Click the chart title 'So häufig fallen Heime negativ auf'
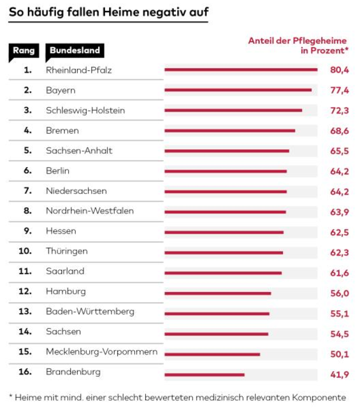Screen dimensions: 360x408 click(x=109, y=12)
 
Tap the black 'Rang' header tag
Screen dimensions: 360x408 click(x=24, y=51)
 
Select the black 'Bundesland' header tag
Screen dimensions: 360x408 click(x=75, y=51)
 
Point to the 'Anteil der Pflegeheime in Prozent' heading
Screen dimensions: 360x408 click(x=298, y=45)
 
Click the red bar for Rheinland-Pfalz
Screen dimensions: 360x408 click(x=241, y=69)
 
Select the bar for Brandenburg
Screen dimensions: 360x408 click(x=205, y=375)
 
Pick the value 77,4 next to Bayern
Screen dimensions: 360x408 click(x=340, y=91)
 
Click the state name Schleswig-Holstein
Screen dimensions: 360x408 click(x=85, y=110)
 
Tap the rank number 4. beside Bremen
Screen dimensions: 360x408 click(x=27, y=130)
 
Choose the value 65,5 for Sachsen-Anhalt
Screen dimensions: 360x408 click(x=340, y=151)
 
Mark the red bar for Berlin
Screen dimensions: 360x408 click(x=226, y=171)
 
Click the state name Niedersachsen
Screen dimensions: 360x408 click(x=76, y=191)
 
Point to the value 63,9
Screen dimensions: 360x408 click(x=340, y=212)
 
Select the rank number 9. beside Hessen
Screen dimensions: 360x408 click(x=27, y=231)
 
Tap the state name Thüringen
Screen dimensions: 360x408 click(x=67, y=251)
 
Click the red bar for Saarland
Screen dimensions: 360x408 click(x=223, y=273)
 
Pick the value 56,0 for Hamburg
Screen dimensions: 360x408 click(x=340, y=293)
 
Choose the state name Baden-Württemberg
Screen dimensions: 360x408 click(x=90, y=312)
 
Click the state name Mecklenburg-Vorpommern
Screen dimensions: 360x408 click(x=102, y=351)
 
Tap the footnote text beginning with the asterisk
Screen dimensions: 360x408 click(x=178, y=397)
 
